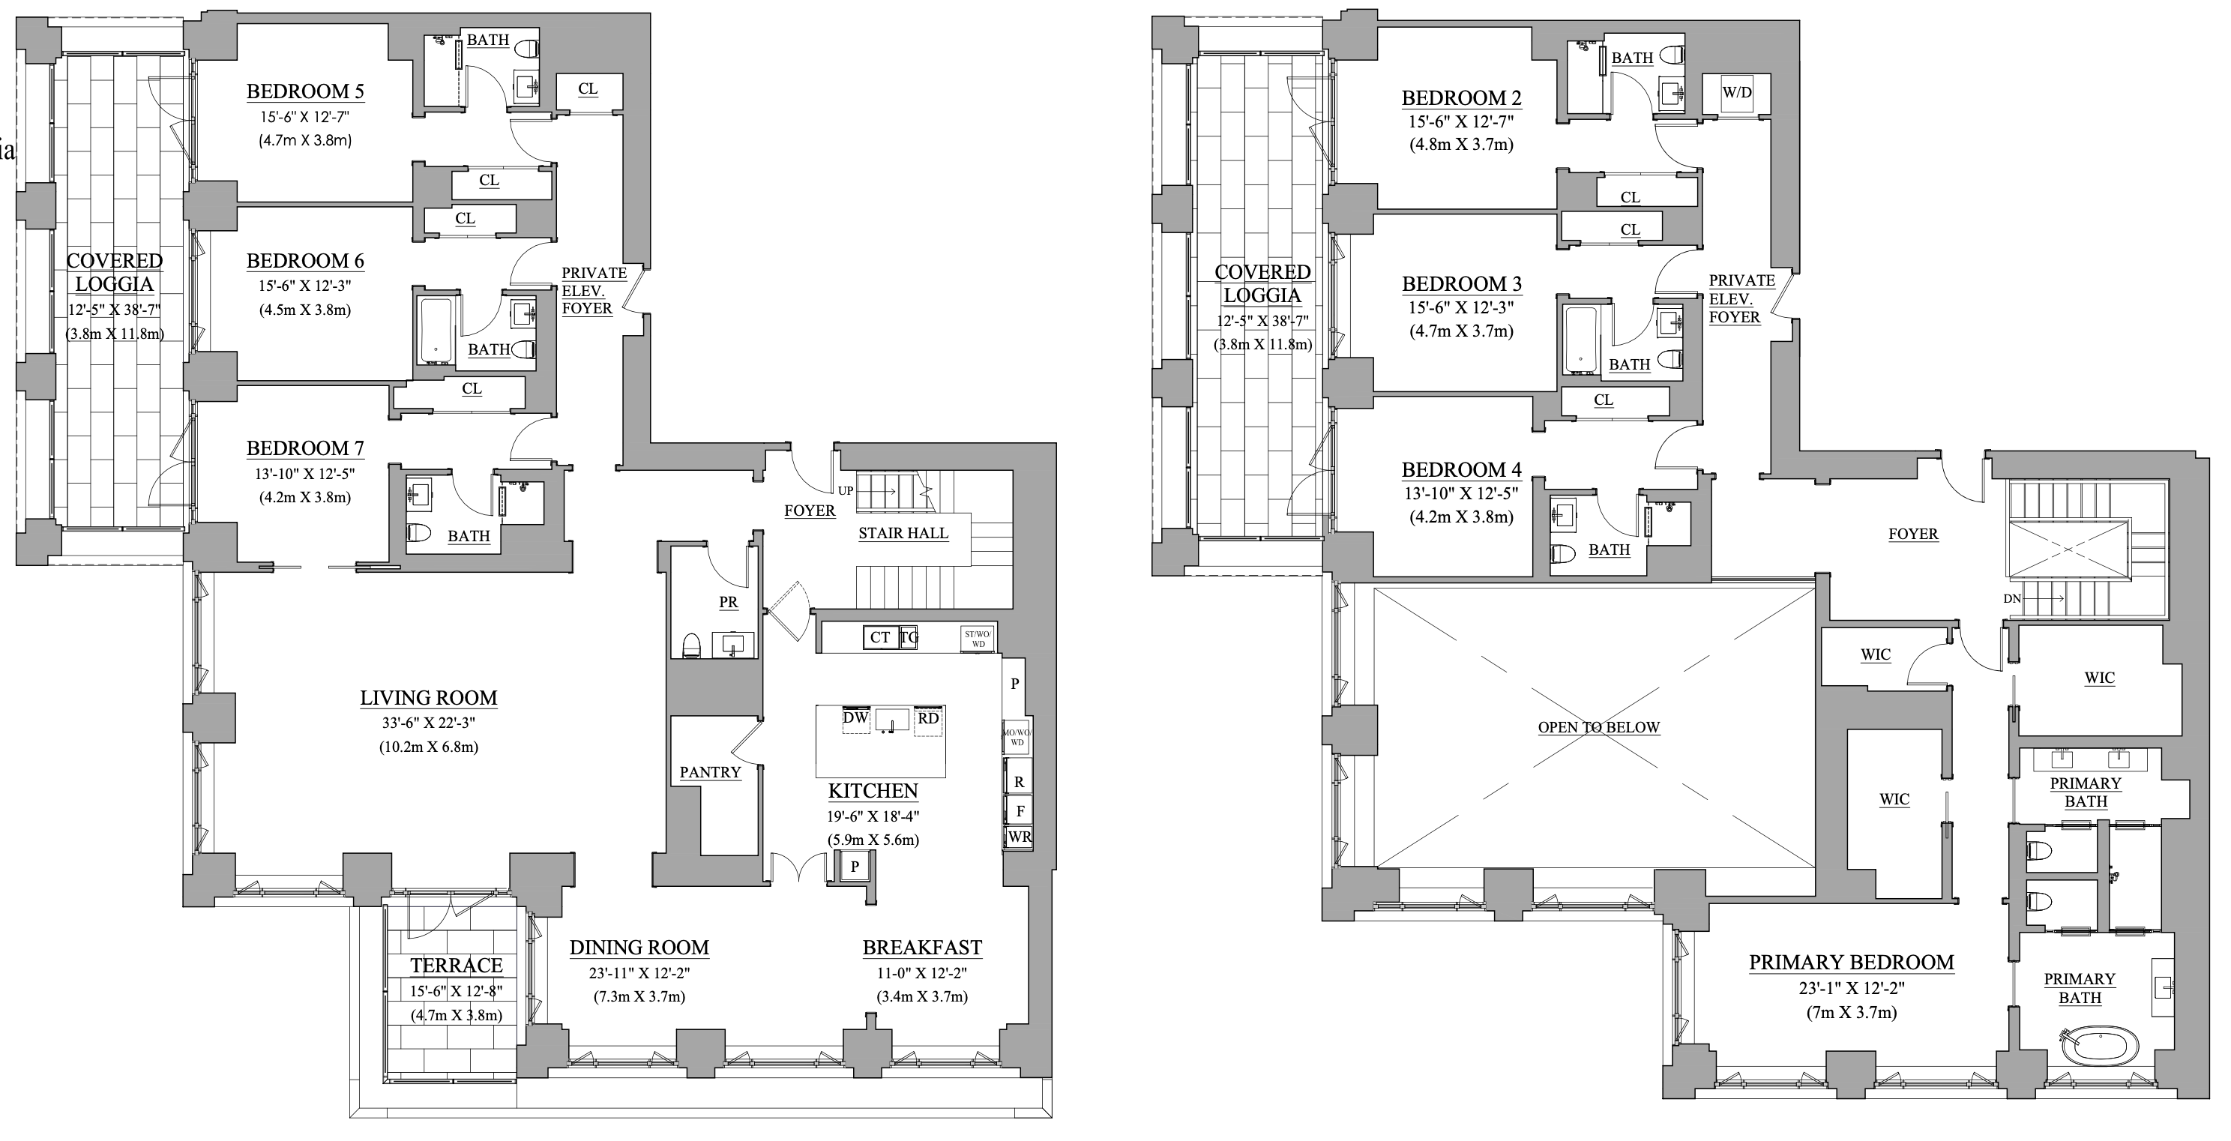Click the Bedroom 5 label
click(x=305, y=91)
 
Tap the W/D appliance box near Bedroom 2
click(x=1735, y=93)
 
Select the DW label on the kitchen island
click(x=855, y=718)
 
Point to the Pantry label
click(x=709, y=772)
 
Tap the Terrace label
click(x=456, y=965)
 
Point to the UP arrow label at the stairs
click(x=846, y=490)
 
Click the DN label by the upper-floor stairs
click(x=2012, y=599)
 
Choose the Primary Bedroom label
click(x=1851, y=963)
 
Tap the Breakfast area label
click(x=921, y=948)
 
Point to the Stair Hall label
click(x=903, y=534)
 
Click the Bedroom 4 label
click(x=1461, y=471)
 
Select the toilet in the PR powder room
click(x=691, y=645)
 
